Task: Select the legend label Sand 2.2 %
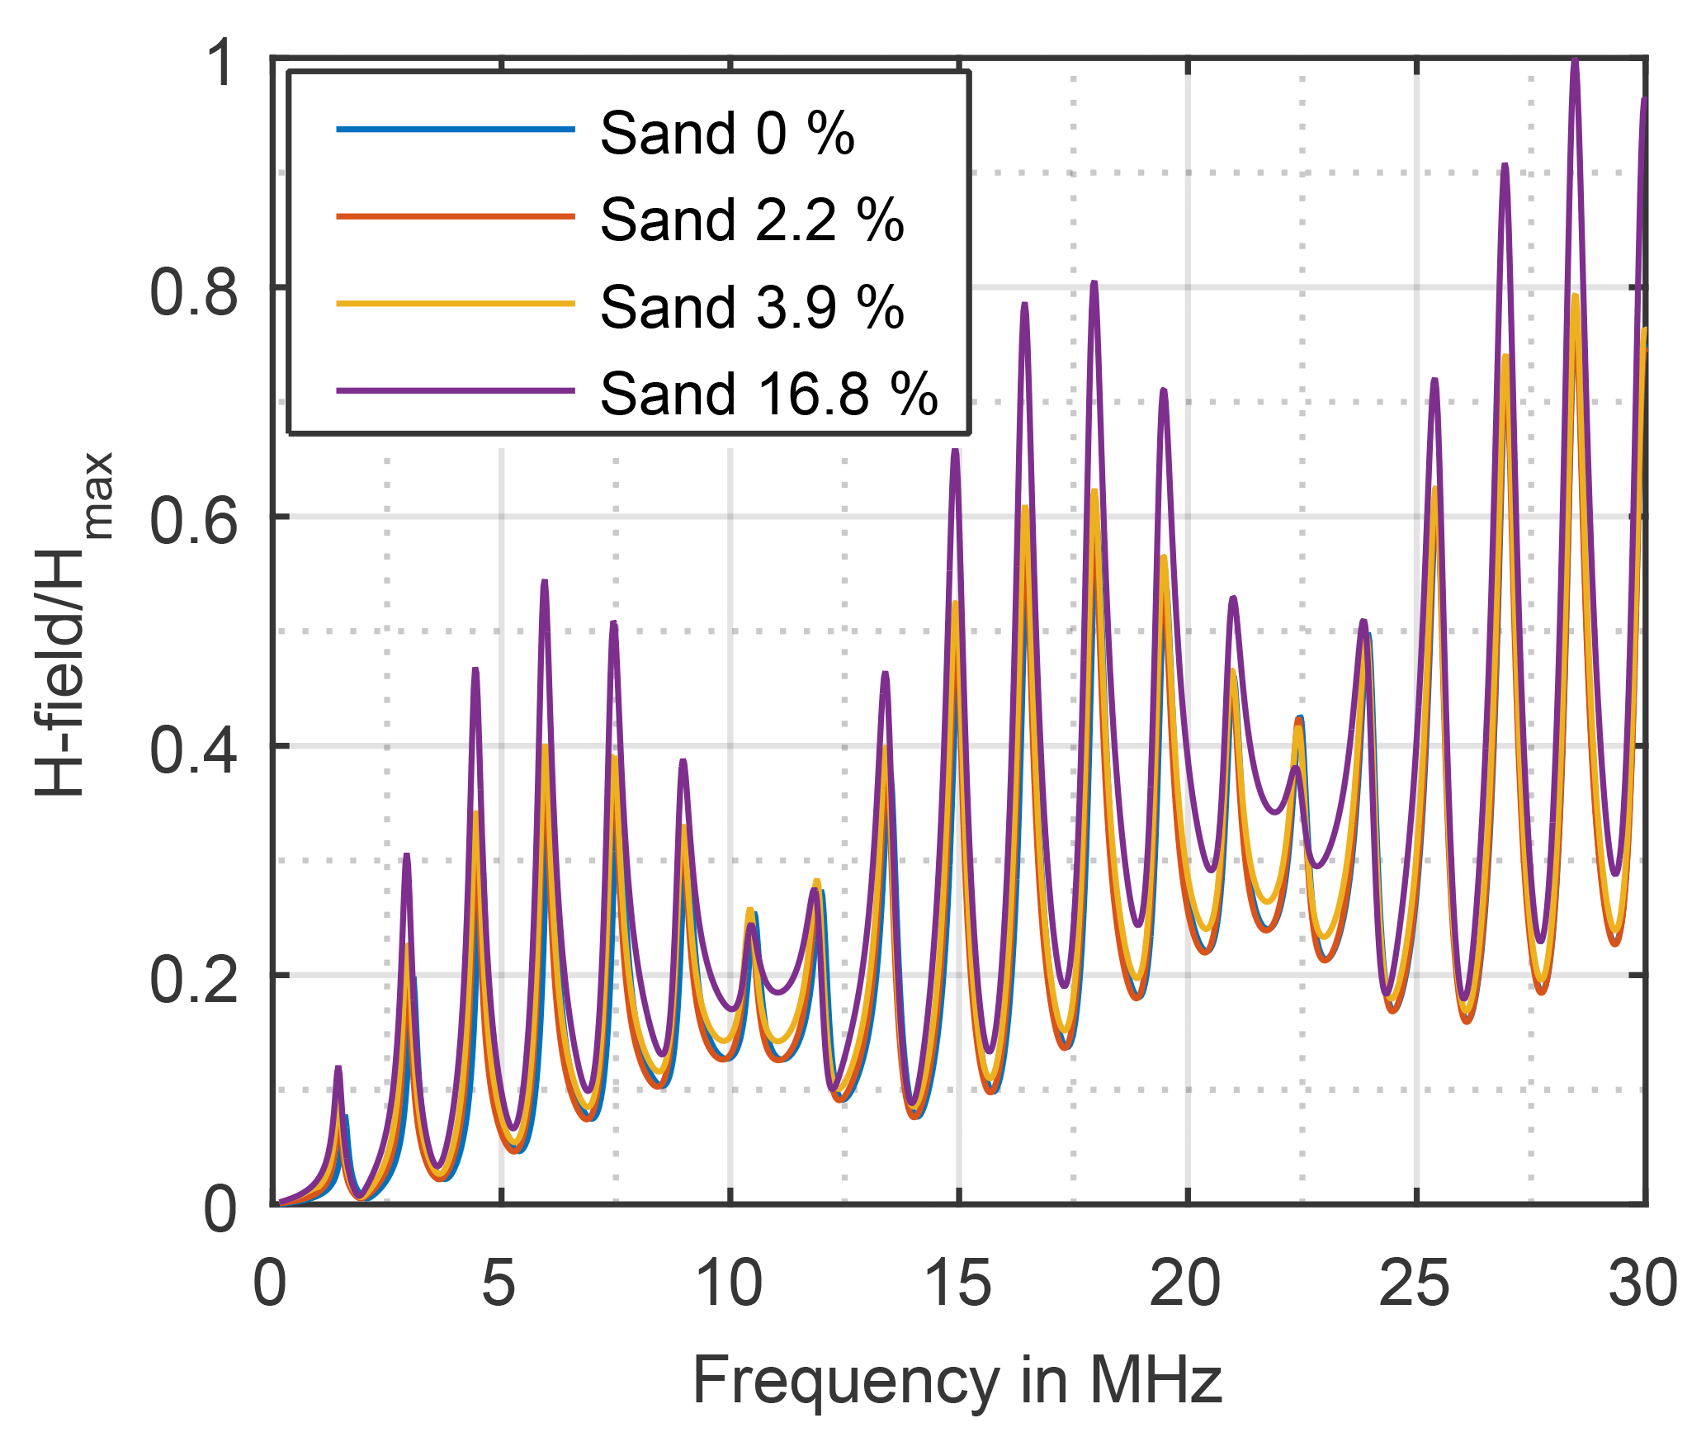pos(751,220)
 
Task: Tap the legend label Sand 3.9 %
pos(751,307)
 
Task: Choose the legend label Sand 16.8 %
pos(768,394)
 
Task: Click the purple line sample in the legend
pos(455,390)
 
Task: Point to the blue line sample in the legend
pos(455,130)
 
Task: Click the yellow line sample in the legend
pos(455,304)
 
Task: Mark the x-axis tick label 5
pos(499,1284)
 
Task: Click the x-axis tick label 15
pos(957,1284)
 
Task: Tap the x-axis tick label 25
pos(1415,1284)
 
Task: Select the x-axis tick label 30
pos(1642,1284)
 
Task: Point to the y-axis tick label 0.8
pos(193,292)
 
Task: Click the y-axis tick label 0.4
pos(193,750)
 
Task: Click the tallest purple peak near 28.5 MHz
pos(1575,62)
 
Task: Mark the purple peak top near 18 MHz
pos(1094,284)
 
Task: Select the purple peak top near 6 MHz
pos(545,583)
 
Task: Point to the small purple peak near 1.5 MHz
pos(338,1068)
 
